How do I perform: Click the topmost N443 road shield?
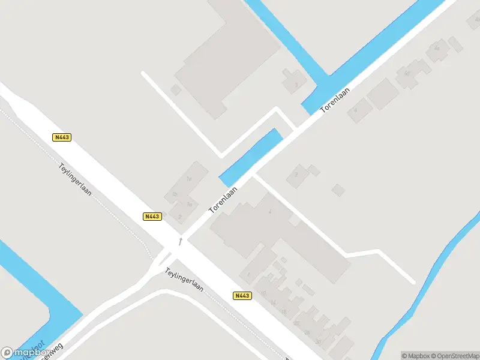62,137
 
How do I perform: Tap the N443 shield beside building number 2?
152,217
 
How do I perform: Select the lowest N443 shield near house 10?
242,296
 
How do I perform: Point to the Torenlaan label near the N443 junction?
223,200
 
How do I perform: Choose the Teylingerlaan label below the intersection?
185,279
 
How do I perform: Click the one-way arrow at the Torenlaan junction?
180,241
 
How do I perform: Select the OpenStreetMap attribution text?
453,356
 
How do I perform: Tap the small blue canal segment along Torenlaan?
251,157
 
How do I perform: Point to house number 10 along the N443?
263,293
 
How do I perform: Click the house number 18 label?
284,311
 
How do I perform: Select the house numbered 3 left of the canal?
295,85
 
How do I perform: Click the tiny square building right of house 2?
339,190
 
